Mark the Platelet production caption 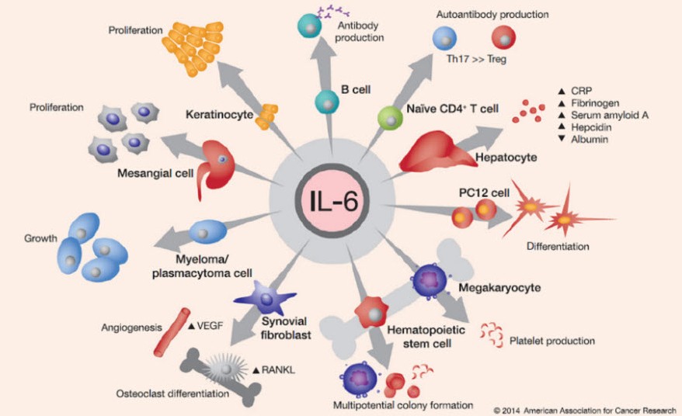click(x=552, y=340)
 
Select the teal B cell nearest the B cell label click(x=326, y=99)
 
